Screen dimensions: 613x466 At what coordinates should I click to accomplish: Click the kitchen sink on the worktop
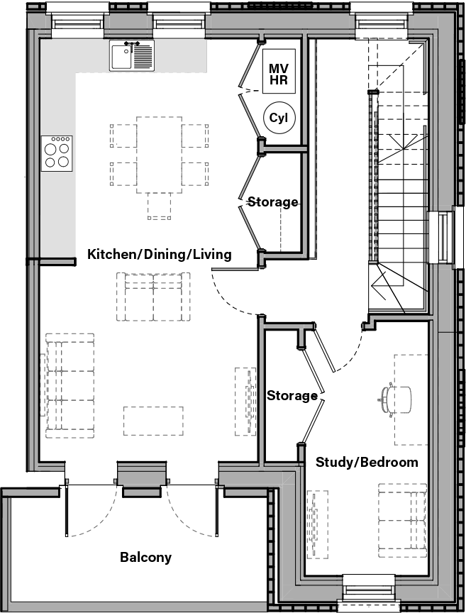click(131, 55)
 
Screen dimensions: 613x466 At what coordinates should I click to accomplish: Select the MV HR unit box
click(278, 73)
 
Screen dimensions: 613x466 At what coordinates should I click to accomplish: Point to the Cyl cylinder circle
click(277, 118)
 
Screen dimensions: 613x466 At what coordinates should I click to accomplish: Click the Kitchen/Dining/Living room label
click(159, 254)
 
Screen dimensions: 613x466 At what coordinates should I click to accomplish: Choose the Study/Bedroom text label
click(366, 462)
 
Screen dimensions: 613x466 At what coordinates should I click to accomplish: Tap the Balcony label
click(145, 557)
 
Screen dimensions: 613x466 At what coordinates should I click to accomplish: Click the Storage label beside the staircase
click(272, 202)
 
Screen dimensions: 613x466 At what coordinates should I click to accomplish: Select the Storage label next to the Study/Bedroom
click(292, 395)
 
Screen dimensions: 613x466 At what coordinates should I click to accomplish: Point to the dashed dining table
click(159, 154)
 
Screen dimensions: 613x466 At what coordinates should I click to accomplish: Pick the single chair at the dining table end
click(159, 206)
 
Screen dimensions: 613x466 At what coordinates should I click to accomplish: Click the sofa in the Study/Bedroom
click(401, 520)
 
